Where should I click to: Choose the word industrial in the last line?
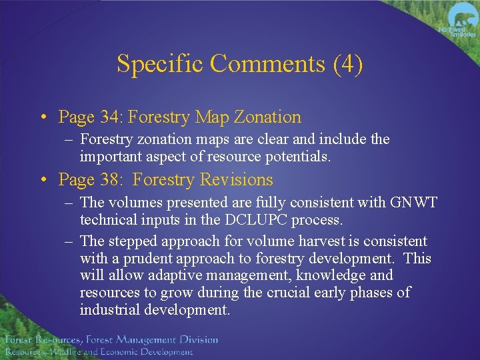(x=109, y=310)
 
